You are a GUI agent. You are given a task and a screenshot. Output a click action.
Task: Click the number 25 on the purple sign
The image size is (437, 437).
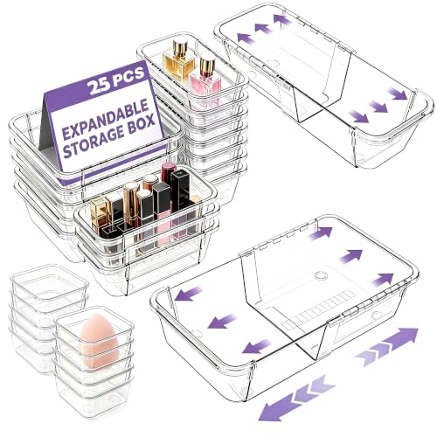click(99, 85)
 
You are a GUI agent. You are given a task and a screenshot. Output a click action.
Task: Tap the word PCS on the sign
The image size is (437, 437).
click(128, 76)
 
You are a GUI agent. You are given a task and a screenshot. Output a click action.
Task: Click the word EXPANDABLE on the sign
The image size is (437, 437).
click(106, 121)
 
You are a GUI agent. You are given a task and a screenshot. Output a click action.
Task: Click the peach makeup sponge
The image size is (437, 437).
click(99, 340)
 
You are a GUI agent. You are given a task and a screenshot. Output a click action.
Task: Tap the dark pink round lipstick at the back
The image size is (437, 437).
click(169, 174)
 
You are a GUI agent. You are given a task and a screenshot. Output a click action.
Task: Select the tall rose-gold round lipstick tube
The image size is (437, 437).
click(131, 205)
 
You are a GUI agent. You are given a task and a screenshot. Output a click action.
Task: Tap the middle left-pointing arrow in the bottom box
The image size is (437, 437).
click(222, 321)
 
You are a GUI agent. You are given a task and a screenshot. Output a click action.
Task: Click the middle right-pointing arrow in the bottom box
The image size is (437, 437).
click(350, 256)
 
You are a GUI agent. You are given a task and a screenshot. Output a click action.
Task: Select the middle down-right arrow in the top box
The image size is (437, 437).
click(378, 106)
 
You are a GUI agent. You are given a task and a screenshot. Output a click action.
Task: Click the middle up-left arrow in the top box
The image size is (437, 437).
click(263, 29)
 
